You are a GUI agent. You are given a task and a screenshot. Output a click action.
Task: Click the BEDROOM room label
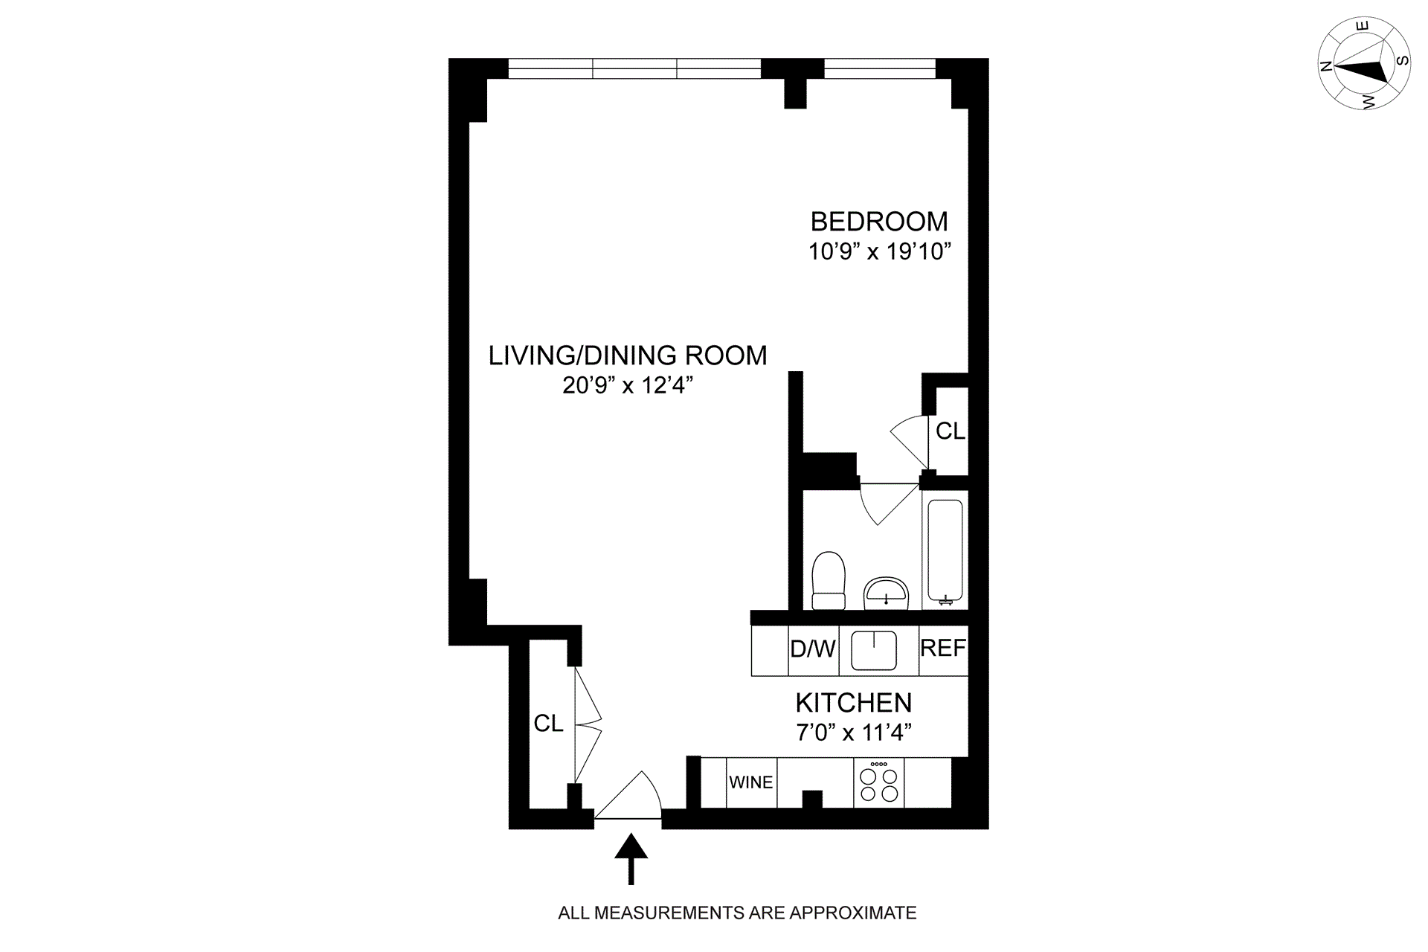(x=879, y=222)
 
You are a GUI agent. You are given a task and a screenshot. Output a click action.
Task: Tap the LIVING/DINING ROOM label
(x=628, y=356)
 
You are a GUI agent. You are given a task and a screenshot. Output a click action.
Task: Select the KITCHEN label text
(x=854, y=703)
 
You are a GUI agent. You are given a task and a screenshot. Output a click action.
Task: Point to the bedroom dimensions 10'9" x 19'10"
(x=880, y=251)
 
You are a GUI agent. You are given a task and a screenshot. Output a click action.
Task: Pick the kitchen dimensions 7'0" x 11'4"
(x=854, y=733)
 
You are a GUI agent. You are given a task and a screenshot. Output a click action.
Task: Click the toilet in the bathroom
(x=829, y=581)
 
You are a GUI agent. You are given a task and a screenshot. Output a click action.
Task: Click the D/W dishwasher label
(x=813, y=649)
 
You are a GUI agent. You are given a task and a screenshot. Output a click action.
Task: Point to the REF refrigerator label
(x=943, y=649)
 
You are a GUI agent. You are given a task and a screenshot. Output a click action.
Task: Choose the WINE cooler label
(x=751, y=782)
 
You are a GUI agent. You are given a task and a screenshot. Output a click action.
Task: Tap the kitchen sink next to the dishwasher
(x=874, y=650)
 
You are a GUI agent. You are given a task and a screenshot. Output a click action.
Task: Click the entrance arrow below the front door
(x=631, y=859)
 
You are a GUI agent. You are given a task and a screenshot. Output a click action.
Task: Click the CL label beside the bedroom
(x=950, y=431)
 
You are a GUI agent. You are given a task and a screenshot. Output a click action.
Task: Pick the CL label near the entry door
(x=549, y=723)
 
